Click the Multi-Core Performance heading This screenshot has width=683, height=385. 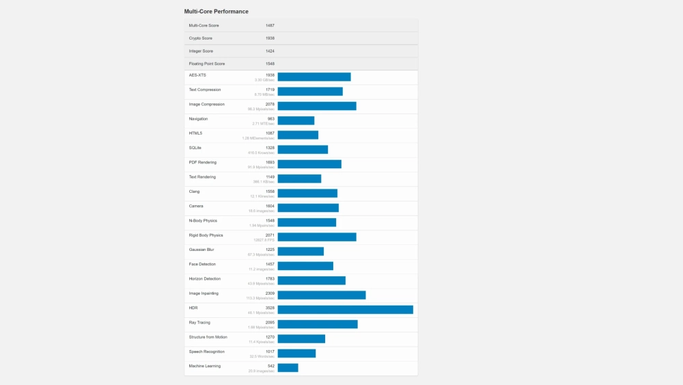pos(217,12)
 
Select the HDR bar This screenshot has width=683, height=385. pos(345,309)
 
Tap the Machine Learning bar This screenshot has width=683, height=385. pos(288,367)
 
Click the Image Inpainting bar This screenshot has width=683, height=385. pos(321,295)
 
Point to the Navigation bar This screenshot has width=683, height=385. pos(296,120)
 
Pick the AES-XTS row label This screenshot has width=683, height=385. pos(197,75)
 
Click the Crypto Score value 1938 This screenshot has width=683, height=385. pos(270,38)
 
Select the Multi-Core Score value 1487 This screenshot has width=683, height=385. pos(270,25)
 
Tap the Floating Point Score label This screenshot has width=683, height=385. pos(207,64)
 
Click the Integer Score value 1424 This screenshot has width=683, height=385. pos(270,51)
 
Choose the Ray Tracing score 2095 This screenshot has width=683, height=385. pos(270,322)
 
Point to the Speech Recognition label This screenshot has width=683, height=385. pos(206,351)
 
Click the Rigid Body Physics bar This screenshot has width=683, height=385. pos(317,237)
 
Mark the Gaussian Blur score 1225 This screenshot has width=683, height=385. pos(270,250)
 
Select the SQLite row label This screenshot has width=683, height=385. pos(195,148)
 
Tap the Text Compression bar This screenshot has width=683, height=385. pos(310,92)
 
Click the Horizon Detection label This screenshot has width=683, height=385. pos(204,278)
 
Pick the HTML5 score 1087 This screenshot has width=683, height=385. pos(270,133)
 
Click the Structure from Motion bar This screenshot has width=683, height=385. pos(301,338)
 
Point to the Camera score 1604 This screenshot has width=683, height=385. pos(270,206)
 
